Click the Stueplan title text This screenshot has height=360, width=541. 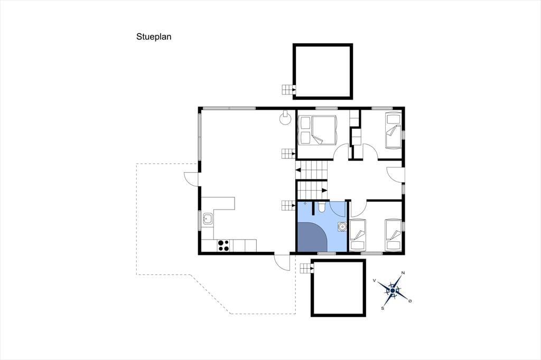coord(154,37)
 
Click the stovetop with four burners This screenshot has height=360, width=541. coord(223,245)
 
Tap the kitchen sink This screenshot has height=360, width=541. coord(208,219)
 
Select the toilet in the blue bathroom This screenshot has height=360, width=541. coord(321,207)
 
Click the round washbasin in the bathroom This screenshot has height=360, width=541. coord(342,226)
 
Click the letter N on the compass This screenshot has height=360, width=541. coord(403,273)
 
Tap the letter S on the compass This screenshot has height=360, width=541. coord(383,308)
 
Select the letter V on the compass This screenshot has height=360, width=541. coord(375,281)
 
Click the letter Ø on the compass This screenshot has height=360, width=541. coord(410,301)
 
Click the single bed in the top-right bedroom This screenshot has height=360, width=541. coord(393,130)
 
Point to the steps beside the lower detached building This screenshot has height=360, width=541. coord(306,268)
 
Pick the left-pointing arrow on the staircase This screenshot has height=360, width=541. coord(298,169)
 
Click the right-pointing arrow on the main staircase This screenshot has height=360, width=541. coord(324,190)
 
